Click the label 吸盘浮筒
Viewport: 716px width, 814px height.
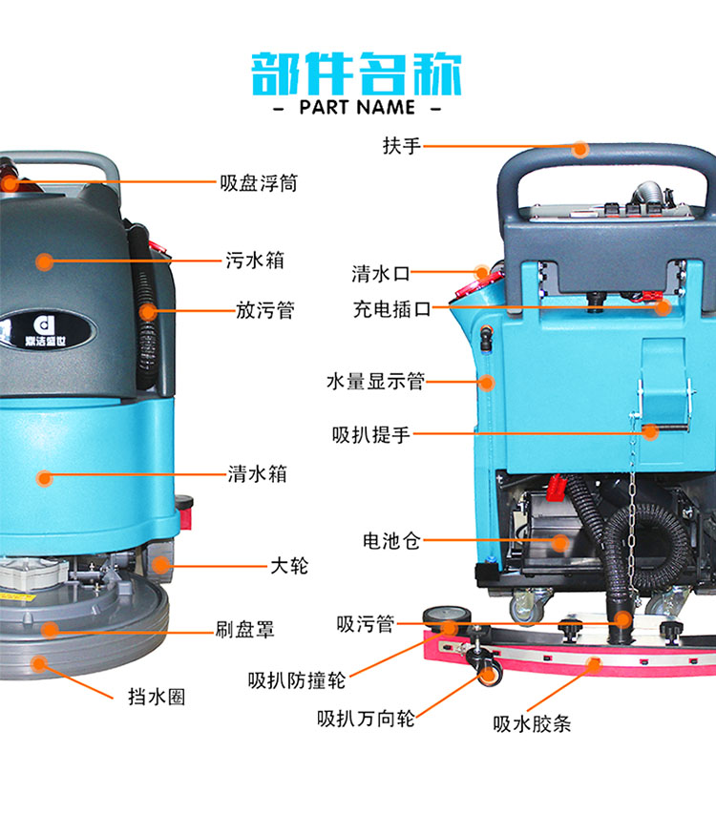coord(259,182)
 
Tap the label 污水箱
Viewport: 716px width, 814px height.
coord(255,261)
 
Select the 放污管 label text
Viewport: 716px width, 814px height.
coord(265,310)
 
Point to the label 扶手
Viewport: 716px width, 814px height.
coord(401,146)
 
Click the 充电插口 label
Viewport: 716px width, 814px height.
coord(392,309)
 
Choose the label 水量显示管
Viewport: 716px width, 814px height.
coord(375,382)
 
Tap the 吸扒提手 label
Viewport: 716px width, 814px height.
coord(371,434)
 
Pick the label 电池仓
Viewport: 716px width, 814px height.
coord(391,541)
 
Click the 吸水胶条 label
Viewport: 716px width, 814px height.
coord(532,723)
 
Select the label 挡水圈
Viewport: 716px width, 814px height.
coord(157,697)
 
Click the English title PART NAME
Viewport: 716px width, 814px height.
coord(357,108)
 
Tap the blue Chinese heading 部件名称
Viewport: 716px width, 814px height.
coord(356,73)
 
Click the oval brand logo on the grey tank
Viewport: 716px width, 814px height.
coord(46,330)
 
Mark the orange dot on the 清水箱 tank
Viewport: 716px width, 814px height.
coord(45,478)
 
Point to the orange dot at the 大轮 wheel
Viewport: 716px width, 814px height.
coord(160,565)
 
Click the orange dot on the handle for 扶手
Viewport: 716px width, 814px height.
coord(580,150)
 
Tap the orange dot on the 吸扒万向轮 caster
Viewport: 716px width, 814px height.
coord(487,675)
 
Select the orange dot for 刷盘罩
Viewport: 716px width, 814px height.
coord(50,630)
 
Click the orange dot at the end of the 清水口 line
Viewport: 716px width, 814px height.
coord(481,272)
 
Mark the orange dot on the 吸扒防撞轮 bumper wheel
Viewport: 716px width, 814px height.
coord(450,628)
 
